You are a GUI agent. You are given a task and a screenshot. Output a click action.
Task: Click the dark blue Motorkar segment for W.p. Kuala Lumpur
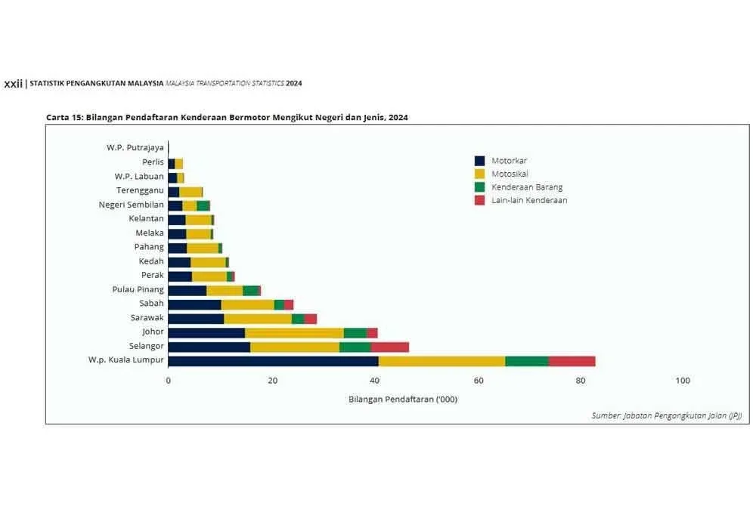tap(273, 361)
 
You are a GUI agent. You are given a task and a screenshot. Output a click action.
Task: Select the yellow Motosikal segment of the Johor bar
tap(294, 333)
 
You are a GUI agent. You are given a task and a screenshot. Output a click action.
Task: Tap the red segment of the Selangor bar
tap(389, 347)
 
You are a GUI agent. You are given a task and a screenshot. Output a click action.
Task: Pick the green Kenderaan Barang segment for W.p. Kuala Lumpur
tap(526, 361)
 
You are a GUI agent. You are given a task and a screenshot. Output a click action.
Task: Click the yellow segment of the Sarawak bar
tap(258, 319)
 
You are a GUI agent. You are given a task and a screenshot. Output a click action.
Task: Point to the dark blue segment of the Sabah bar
tap(194, 304)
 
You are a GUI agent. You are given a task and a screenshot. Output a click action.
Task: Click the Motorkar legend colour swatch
tap(479, 161)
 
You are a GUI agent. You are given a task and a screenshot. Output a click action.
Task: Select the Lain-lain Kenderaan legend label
tap(529, 201)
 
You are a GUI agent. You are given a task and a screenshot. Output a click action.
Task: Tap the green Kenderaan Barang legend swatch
tap(479, 187)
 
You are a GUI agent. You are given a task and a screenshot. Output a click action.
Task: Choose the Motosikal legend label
tap(510, 174)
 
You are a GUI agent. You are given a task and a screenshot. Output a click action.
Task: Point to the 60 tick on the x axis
tap(476, 381)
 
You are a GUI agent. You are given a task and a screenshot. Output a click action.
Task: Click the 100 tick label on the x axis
tap(683, 381)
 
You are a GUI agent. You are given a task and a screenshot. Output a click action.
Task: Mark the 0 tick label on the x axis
tap(168, 381)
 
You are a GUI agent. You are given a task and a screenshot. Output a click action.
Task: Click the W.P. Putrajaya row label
tap(135, 148)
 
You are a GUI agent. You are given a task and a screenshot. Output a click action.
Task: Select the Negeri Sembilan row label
tap(131, 205)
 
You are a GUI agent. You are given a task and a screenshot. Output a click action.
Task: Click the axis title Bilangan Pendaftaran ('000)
tap(403, 399)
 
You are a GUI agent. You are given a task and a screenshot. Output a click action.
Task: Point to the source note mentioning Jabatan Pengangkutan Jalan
tap(666, 415)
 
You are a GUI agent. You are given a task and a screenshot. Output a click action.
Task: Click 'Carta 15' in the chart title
tap(64, 118)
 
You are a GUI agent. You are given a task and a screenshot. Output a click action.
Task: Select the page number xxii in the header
tap(13, 84)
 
